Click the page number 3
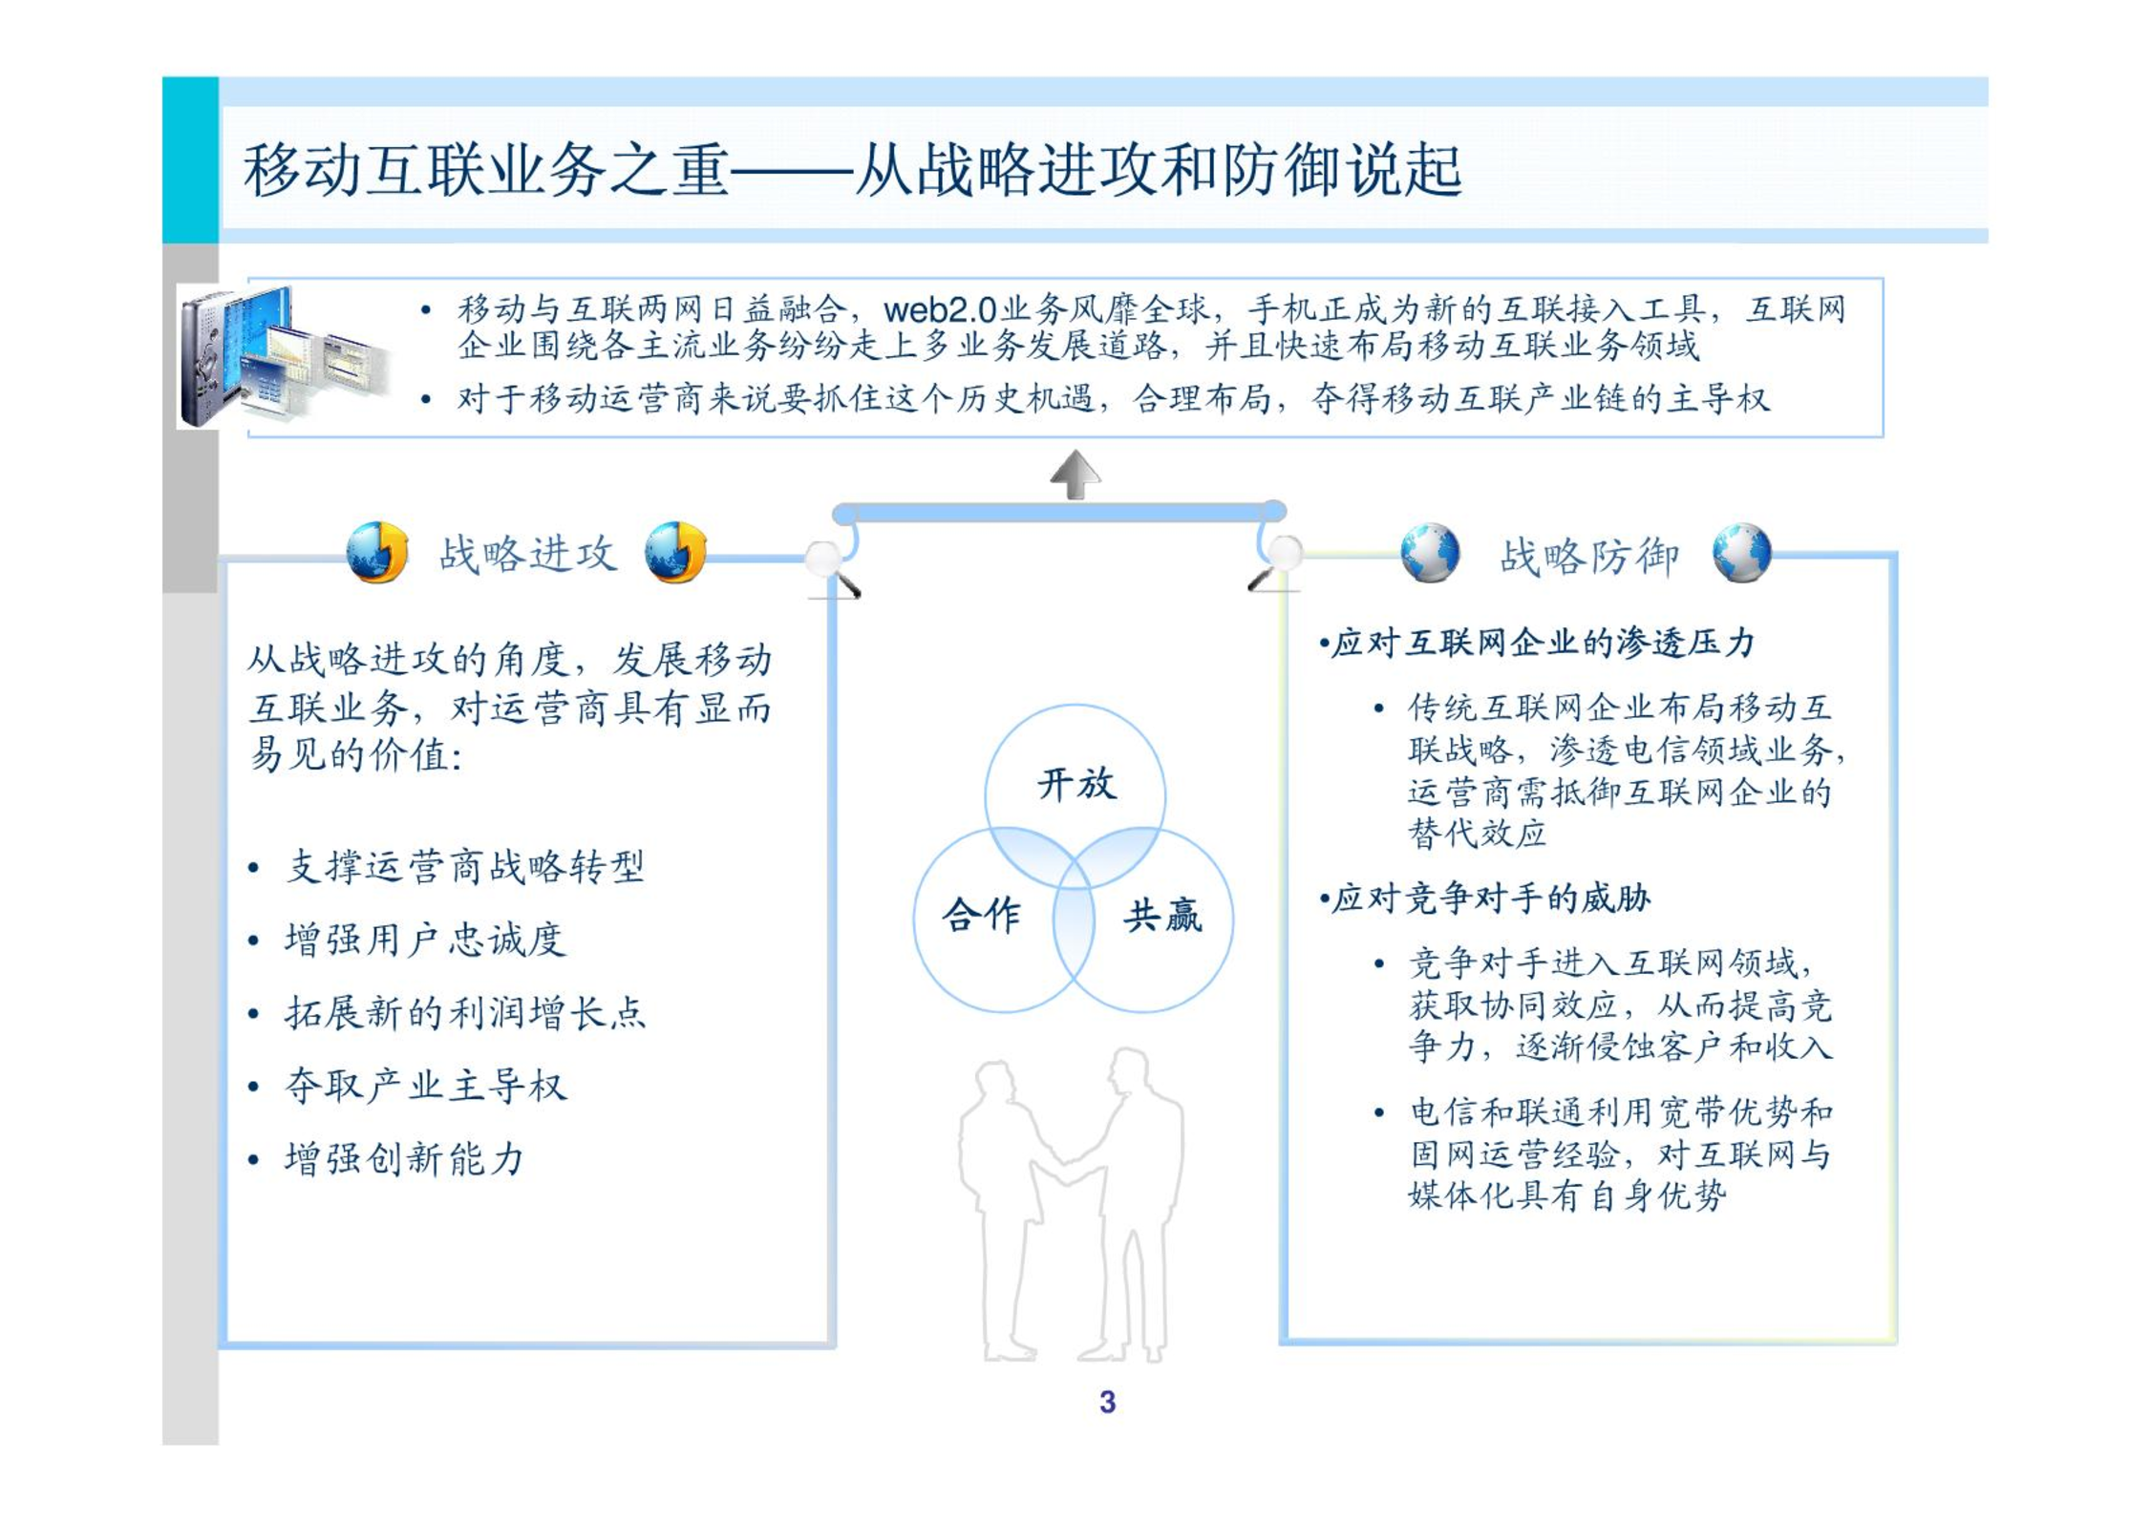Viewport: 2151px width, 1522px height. coord(1107,1402)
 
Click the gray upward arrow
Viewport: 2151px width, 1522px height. coord(1075,475)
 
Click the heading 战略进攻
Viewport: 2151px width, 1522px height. coord(527,554)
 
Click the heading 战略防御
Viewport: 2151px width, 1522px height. coord(1588,556)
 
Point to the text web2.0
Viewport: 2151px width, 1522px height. coord(940,310)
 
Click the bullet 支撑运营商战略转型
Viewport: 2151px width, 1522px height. coord(465,867)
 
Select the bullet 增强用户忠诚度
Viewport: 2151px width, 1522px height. coord(425,940)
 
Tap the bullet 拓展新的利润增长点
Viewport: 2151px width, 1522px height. coord(465,1012)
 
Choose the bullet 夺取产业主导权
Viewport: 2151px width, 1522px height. coord(426,1086)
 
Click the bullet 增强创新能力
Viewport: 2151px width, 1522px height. coord(404,1158)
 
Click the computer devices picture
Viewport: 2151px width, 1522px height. coord(285,356)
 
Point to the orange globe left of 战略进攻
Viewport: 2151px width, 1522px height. coord(377,552)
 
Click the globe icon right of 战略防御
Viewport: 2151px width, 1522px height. coord(1741,552)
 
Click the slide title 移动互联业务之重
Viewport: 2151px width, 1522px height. coord(486,170)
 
